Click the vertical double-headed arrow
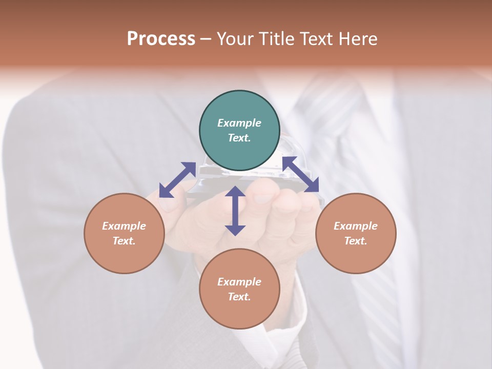[235, 211]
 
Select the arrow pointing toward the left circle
[177, 180]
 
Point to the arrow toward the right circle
[300, 174]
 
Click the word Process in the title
[161, 39]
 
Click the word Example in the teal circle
[239, 123]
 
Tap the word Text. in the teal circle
[239, 138]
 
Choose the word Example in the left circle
[124, 226]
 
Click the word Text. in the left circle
[124, 241]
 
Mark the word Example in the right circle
[356, 226]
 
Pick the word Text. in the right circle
[356, 241]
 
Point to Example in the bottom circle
[239, 282]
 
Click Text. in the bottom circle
[239, 297]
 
